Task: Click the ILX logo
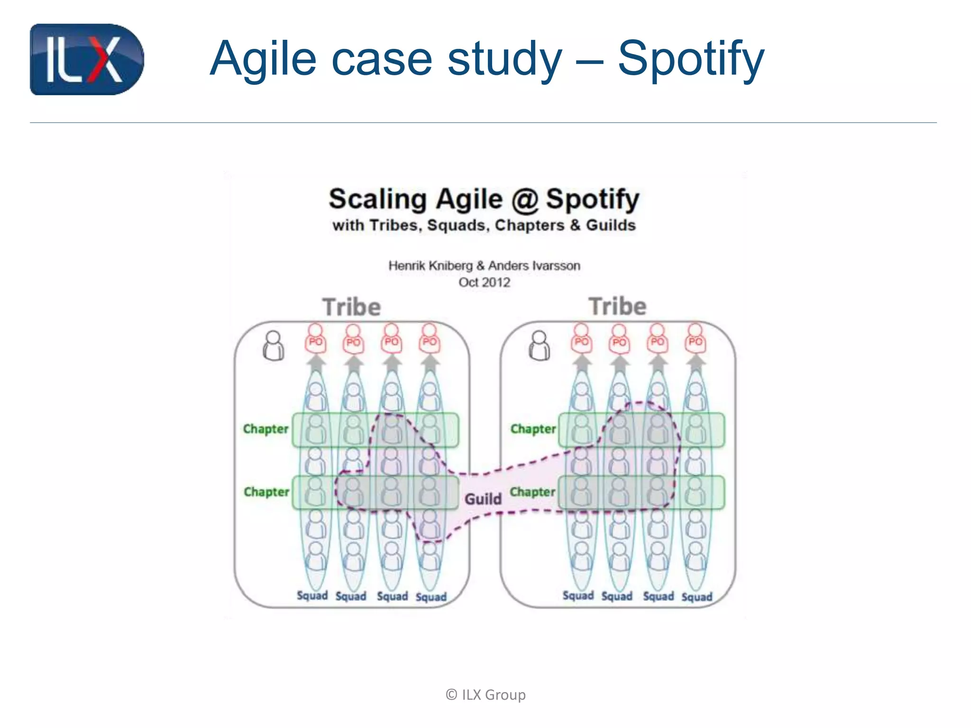pyautogui.click(x=87, y=60)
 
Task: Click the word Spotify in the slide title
pyautogui.click(x=690, y=59)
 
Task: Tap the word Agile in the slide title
pyautogui.click(x=263, y=59)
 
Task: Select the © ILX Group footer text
pyautogui.click(x=485, y=695)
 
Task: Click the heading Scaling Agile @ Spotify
pyautogui.click(x=484, y=199)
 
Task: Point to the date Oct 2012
pyautogui.click(x=484, y=282)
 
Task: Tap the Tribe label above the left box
pyautogui.click(x=352, y=307)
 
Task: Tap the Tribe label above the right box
pyautogui.click(x=617, y=306)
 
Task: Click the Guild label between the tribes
pyautogui.click(x=483, y=499)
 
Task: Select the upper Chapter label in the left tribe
pyautogui.click(x=266, y=429)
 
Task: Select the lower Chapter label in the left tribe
pyautogui.click(x=266, y=492)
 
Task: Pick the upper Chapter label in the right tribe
pyautogui.click(x=533, y=429)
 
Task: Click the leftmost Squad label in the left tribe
pyautogui.click(x=312, y=596)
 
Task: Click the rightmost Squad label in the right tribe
pyautogui.click(x=697, y=597)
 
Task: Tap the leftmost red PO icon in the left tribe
pyautogui.click(x=315, y=339)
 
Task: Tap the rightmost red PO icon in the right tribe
pyautogui.click(x=695, y=339)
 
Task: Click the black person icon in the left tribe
pyautogui.click(x=274, y=346)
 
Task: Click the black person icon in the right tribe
pyautogui.click(x=540, y=346)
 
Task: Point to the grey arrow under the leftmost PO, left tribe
pyautogui.click(x=316, y=363)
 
